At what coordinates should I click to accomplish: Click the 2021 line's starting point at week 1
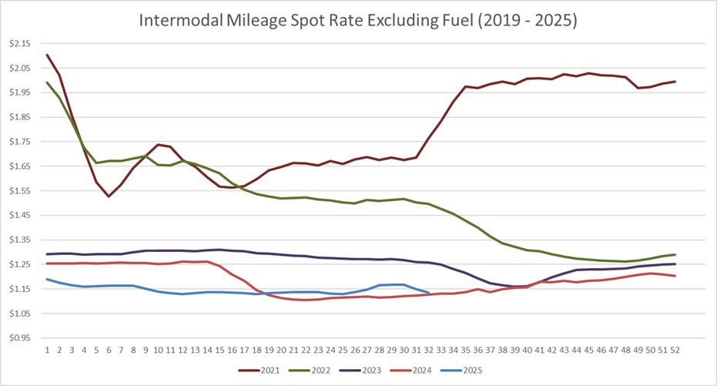pyautogui.click(x=47, y=55)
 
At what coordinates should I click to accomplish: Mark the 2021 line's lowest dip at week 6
pyautogui.click(x=109, y=196)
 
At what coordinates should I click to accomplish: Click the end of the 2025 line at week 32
pyautogui.click(x=429, y=293)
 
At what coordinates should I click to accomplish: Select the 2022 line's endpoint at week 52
pyautogui.click(x=675, y=254)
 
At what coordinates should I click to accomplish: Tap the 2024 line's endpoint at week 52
pyautogui.click(x=675, y=276)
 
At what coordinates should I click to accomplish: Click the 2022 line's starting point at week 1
pyautogui.click(x=47, y=82)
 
